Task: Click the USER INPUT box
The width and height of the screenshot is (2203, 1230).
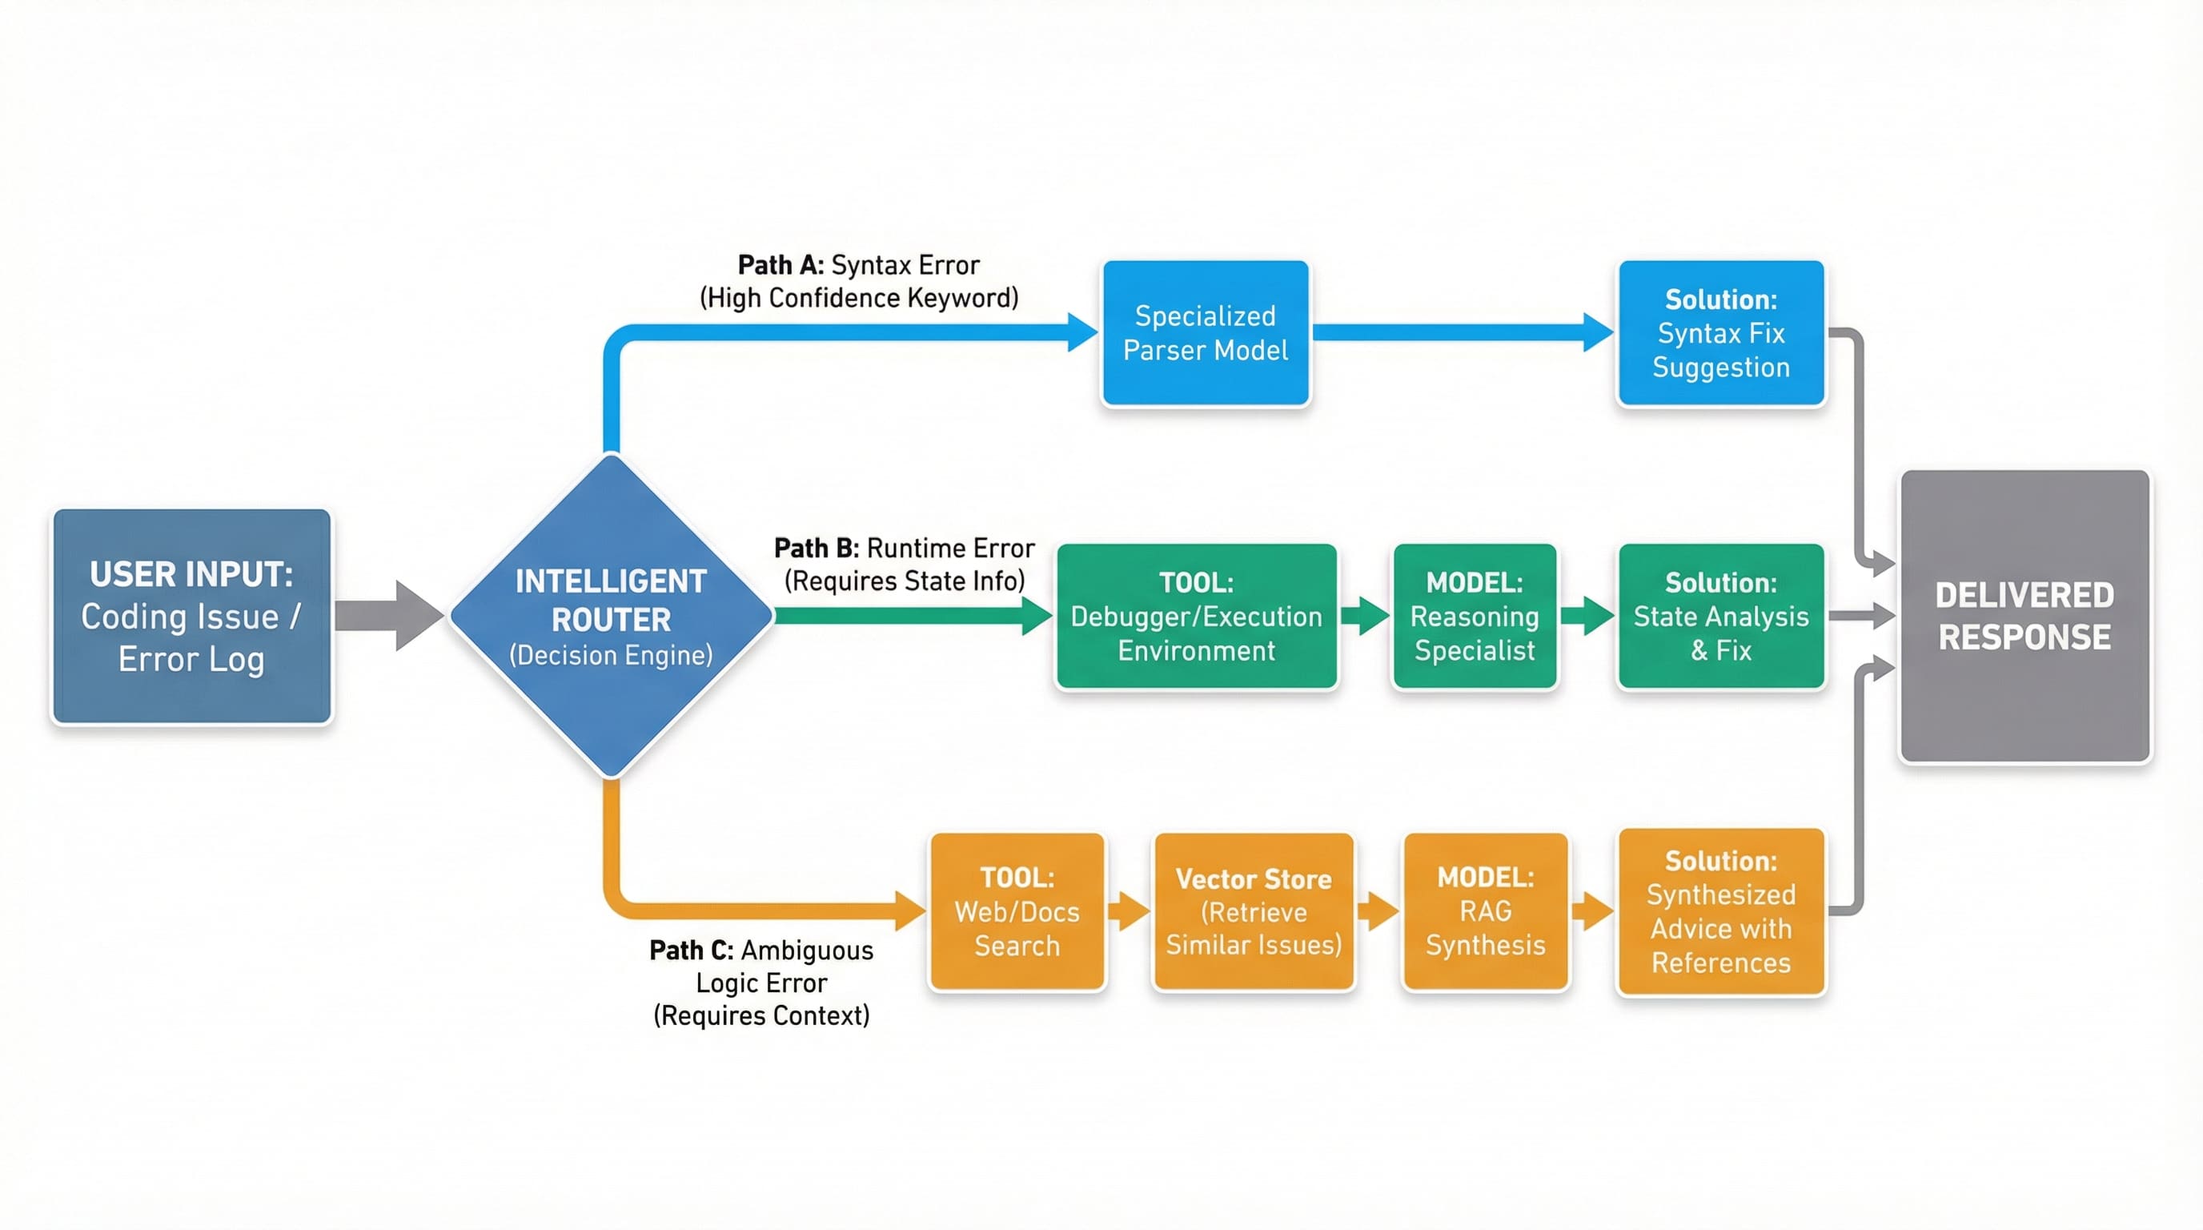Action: tap(191, 616)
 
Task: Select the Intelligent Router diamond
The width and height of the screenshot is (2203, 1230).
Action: tap(611, 616)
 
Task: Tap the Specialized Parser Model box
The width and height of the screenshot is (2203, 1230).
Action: tap(1205, 333)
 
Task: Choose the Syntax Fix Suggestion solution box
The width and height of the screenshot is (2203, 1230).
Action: tap(1720, 333)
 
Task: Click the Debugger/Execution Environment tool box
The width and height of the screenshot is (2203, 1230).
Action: tap(1197, 616)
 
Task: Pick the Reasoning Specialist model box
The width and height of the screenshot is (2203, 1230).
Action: tap(1475, 616)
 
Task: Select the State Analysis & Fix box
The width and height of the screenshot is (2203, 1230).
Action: tap(1720, 616)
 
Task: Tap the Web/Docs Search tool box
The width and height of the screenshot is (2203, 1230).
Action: tap(1017, 912)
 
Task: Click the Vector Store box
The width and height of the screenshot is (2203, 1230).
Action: tap(1254, 912)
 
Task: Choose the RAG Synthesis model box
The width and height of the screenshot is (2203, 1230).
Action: tap(1486, 912)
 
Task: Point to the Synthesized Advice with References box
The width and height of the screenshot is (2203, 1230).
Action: tap(1720, 912)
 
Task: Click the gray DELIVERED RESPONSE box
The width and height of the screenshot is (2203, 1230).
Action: tap(2024, 616)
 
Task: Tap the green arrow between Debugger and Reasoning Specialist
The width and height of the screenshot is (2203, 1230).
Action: tap(1365, 616)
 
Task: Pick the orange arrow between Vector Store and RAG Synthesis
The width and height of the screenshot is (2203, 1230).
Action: tap(1378, 912)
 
